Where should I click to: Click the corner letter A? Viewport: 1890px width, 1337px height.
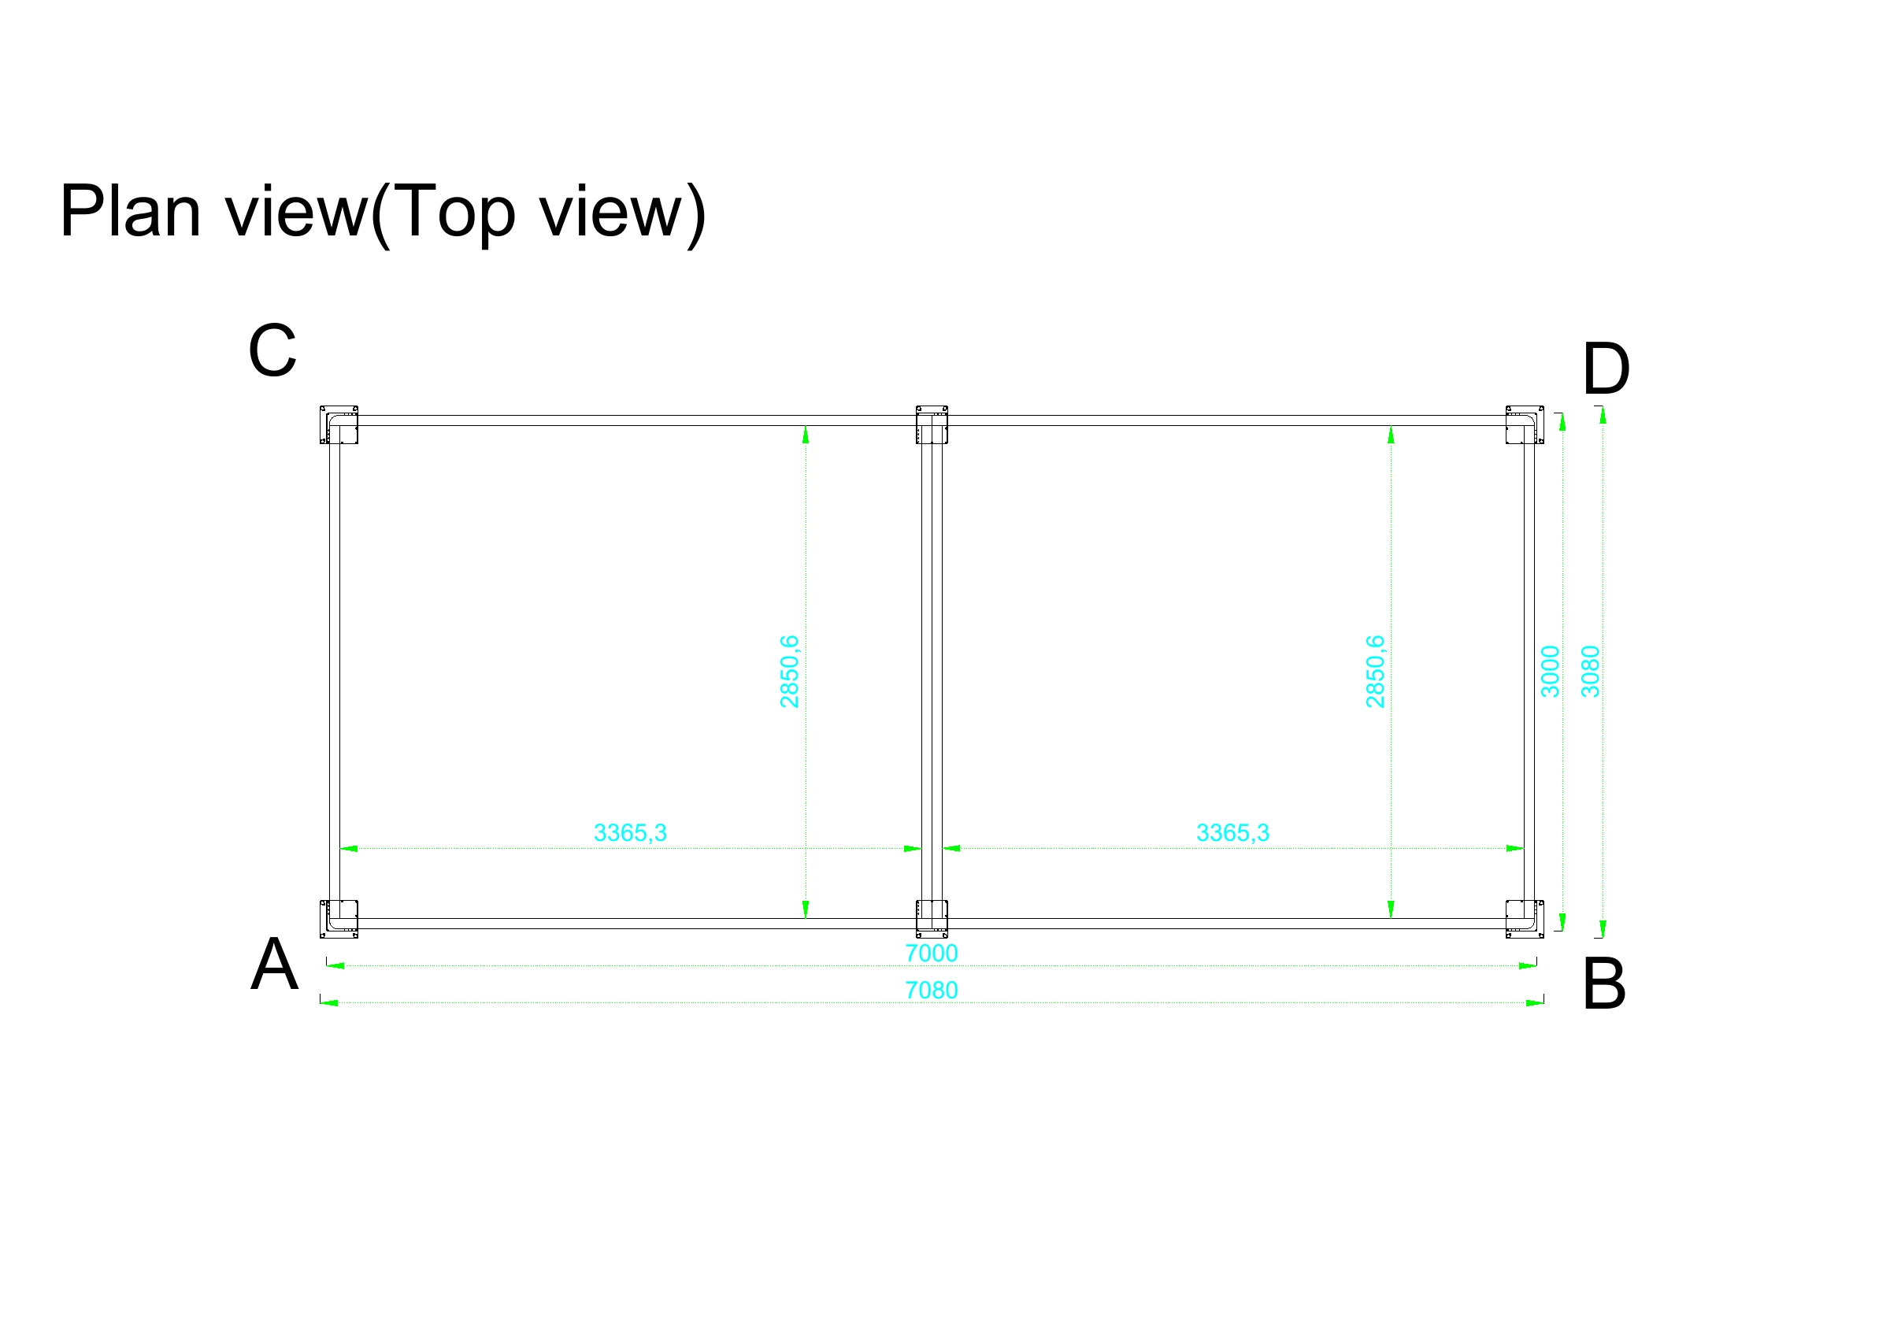[274, 964]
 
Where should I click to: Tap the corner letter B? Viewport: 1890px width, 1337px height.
[1604, 983]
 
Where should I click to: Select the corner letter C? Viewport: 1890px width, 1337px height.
[272, 350]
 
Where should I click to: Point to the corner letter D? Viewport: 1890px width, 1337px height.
[1606, 369]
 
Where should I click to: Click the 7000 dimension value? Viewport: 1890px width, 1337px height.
[931, 953]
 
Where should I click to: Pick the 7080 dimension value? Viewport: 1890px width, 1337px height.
[931, 990]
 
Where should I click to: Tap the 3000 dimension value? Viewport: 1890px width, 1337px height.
[1550, 671]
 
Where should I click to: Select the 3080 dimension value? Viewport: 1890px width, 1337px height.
[1591, 671]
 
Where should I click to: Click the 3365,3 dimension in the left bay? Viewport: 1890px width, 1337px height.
[630, 833]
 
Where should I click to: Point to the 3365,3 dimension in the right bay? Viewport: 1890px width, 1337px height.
[1232, 833]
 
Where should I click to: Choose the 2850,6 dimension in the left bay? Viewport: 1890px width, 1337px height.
[788, 671]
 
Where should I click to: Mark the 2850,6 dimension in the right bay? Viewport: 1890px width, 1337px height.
[1375, 671]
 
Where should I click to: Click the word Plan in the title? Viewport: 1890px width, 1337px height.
[130, 212]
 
